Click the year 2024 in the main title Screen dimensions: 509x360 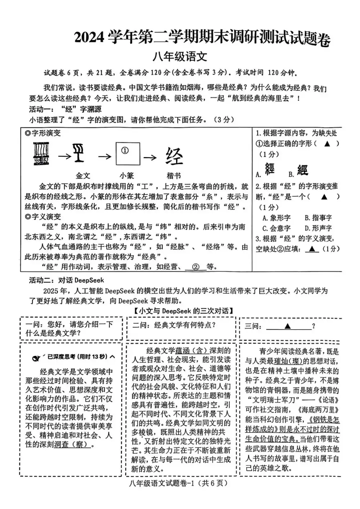[x=89, y=37]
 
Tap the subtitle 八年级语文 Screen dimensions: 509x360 [x=180, y=57]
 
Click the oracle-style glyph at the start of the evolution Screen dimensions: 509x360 [x=41, y=154]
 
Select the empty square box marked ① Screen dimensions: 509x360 [x=127, y=154]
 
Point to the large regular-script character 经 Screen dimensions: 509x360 [x=174, y=156]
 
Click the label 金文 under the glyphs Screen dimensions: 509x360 [x=83, y=176]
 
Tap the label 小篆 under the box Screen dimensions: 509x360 [x=127, y=176]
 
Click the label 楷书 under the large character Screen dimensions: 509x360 [x=174, y=176]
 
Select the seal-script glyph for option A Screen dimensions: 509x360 [x=269, y=169]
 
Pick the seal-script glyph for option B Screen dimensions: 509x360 [x=302, y=169]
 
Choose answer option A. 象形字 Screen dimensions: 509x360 [x=276, y=218]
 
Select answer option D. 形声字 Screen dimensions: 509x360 [x=318, y=228]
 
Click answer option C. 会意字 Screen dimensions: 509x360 [x=276, y=228]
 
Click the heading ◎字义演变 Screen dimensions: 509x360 [x=43, y=216]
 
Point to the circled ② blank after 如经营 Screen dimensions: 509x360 [x=196, y=267]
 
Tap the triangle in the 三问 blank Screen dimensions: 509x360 [x=287, y=326]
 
